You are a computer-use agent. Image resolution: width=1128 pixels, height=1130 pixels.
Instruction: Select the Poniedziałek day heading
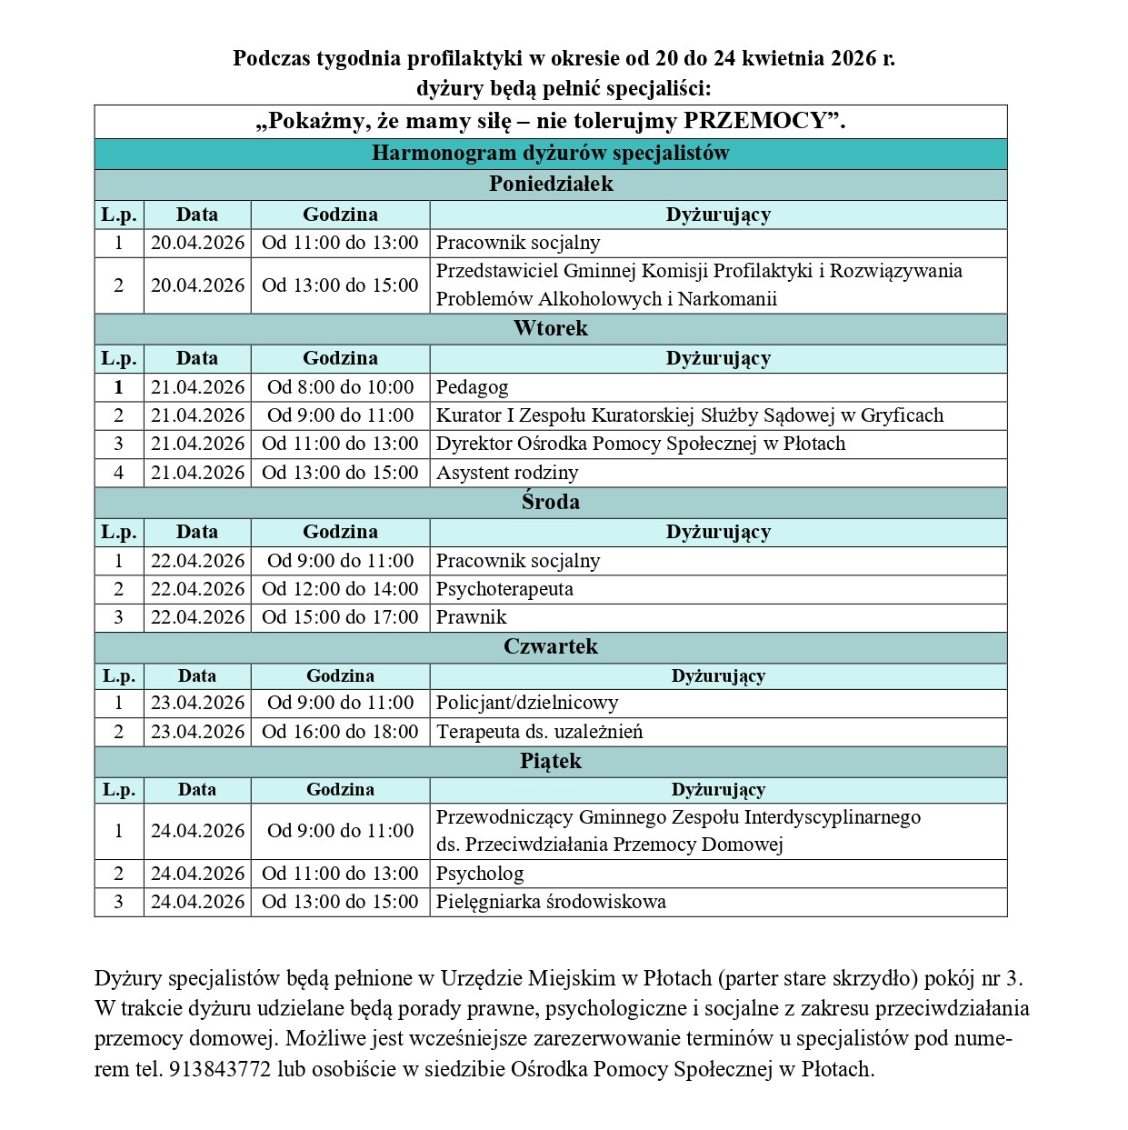[x=551, y=184]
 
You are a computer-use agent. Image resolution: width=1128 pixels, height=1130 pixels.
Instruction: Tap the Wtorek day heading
[x=551, y=328]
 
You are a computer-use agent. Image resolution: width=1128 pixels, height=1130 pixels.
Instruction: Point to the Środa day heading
[x=551, y=502]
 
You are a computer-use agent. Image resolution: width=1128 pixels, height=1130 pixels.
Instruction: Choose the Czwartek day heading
[x=551, y=646]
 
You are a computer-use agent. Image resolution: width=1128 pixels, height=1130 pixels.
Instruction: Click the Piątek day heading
[x=551, y=761]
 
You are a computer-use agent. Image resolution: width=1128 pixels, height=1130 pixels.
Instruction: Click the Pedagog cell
[x=473, y=387]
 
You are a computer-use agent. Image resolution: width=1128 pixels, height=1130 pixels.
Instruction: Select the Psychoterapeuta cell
[x=504, y=589]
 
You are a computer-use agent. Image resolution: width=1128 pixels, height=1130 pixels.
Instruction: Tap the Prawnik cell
[x=471, y=617]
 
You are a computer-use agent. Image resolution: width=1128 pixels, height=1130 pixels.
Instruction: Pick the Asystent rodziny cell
[x=507, y=473]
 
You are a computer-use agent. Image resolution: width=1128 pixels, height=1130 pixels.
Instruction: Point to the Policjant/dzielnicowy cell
[x=527, y=703]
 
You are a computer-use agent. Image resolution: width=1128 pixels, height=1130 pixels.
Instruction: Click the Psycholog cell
[x=480, y=874]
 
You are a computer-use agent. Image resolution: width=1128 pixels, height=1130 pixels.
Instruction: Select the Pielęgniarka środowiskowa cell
[x=551, y=902]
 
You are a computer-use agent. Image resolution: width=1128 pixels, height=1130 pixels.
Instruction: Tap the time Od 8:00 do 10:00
[x=340, y=387]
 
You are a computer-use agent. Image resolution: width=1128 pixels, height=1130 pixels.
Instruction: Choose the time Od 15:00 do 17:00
[x=340, y=617]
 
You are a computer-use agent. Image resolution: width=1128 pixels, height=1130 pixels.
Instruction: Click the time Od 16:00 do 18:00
[x=340, y=732]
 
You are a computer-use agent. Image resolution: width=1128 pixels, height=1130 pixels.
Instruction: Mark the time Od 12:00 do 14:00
[x=340, y=589]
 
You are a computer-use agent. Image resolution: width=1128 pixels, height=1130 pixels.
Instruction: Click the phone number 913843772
[x=220, y=1069]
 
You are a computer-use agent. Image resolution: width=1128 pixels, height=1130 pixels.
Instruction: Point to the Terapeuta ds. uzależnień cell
[x=539, y=732]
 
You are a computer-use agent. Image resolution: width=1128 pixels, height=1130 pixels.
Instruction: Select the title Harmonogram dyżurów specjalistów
[x=551, y=153]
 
